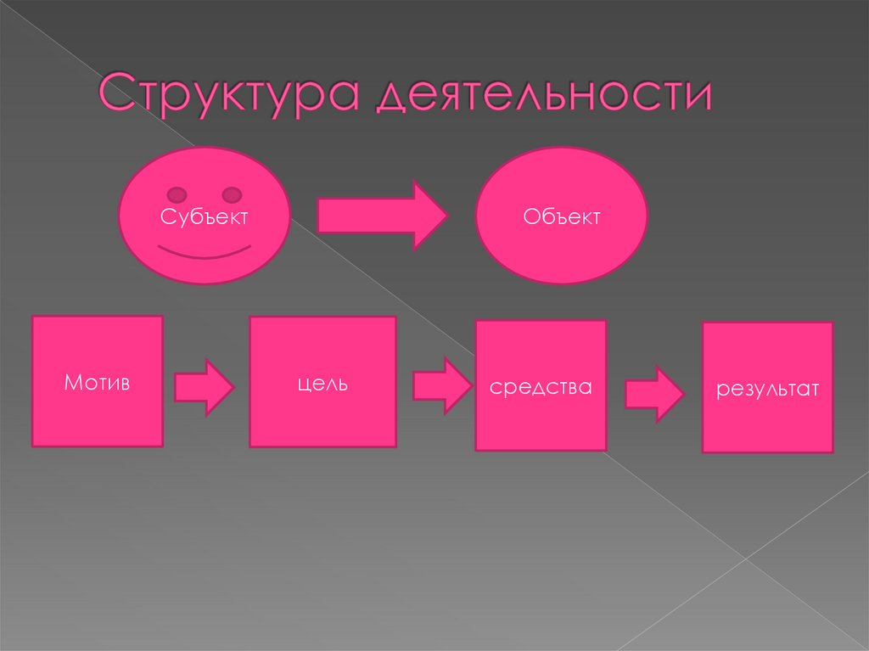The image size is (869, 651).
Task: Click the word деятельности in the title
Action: click(x=543, y=95)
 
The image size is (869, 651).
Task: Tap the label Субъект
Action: click(x=205, y=217)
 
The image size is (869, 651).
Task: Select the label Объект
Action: click(x=562, y=217)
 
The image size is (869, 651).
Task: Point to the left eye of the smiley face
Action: click(x=177, y=195)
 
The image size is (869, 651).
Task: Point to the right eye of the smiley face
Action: click(x=232, y=195)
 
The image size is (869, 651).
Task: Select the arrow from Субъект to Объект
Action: click(x=382, y=216)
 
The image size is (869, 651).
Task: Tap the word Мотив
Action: click(x=97, y=383)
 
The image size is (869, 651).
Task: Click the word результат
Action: click(x=767, y=390)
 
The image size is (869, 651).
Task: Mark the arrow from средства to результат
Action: click(x=654, y=393)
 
